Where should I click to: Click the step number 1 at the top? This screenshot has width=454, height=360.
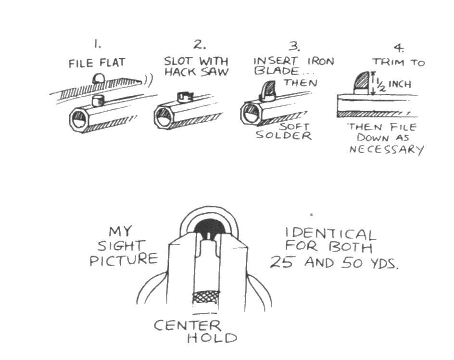(x=98, y=45)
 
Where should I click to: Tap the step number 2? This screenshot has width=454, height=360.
(x=199, y=45)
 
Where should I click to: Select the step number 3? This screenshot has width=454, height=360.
(x=294, y=47)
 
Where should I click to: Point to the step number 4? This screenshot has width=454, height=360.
(x=399, y=48)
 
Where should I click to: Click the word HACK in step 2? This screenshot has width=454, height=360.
(x=179, y=73)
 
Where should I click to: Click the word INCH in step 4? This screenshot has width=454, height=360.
(x=400, y=85)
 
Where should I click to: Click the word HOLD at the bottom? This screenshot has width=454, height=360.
(x=212, y=338)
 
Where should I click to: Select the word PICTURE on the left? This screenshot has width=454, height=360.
(x=124, y=260)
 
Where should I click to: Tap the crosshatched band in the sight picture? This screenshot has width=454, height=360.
(x=206, y=297)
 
